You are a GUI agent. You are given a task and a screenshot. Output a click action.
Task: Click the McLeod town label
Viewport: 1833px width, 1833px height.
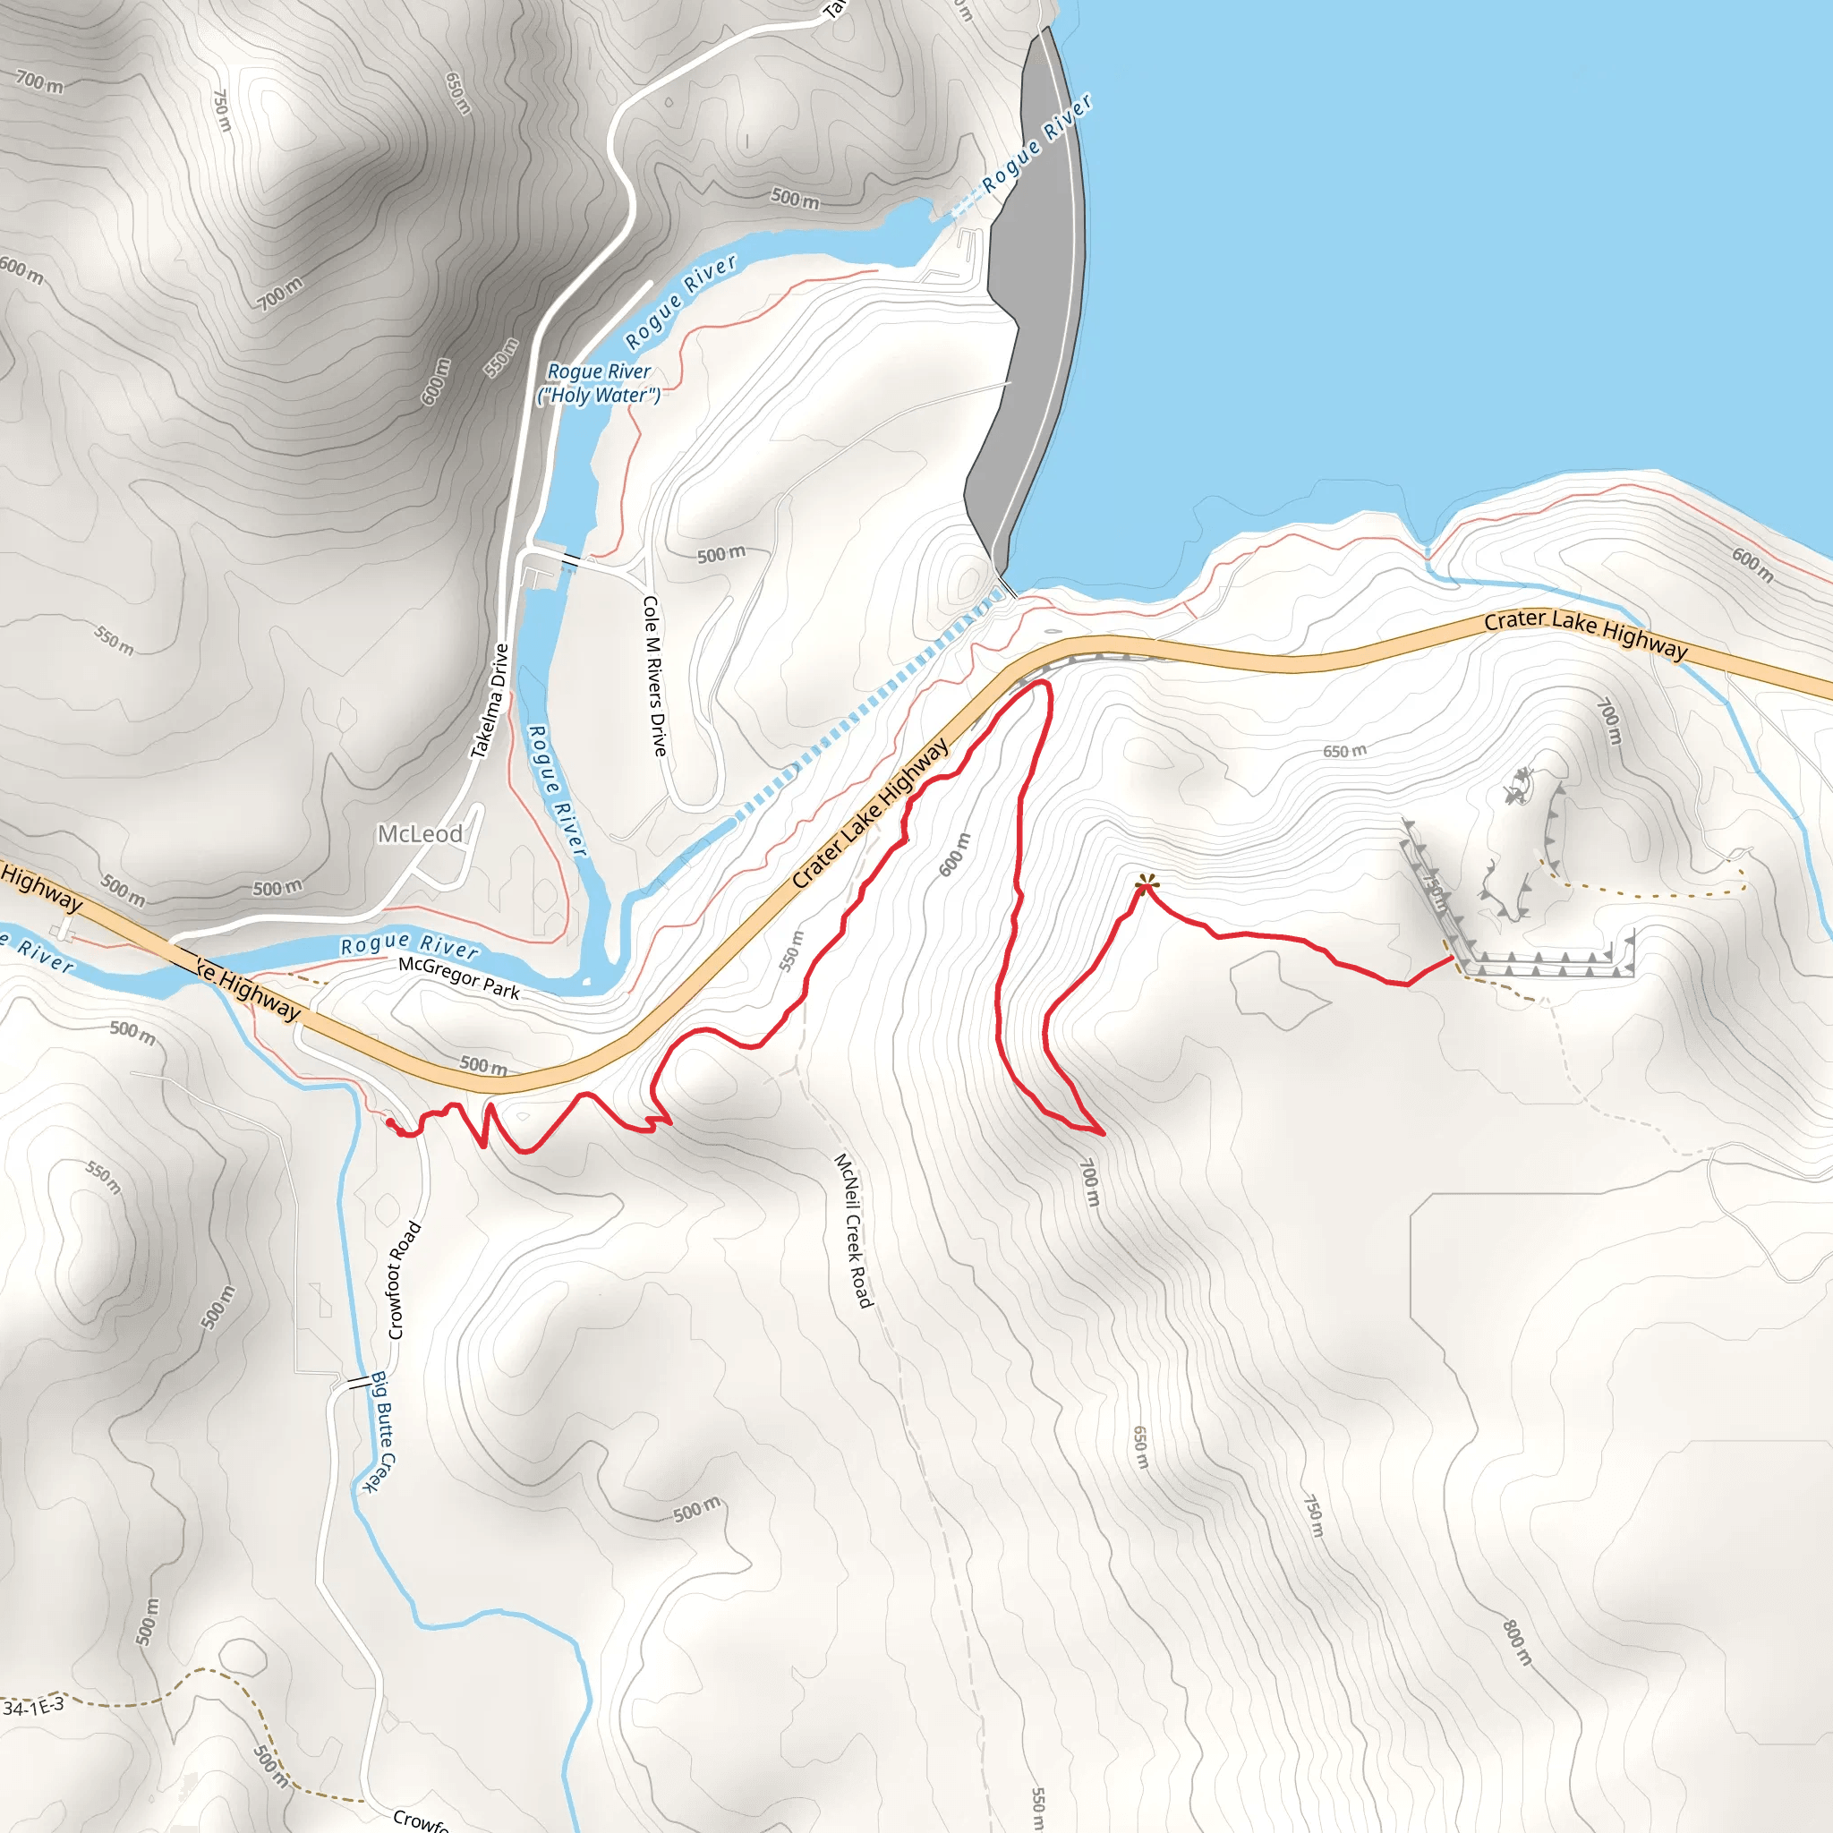(x=421, y=834)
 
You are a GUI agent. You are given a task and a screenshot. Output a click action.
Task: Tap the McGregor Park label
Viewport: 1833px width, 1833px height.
(x=459, y=977)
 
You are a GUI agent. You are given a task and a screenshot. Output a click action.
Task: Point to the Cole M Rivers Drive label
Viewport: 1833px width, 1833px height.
(x=653, y=676)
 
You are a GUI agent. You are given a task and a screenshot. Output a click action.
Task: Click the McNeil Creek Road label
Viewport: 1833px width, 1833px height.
(x=852, y=1231)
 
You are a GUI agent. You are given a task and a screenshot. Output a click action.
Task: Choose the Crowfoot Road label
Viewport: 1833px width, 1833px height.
(x=404, y=1280)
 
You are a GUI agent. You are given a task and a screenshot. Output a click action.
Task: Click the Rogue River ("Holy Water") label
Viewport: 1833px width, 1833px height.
(x=599, y=383)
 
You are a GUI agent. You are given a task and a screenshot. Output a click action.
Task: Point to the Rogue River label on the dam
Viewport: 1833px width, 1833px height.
(x=1036, y=143)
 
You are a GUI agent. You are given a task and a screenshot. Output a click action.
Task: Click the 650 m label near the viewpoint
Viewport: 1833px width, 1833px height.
(x=1345, y=752)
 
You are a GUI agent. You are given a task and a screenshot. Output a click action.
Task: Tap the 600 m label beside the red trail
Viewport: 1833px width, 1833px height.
(x=955, y=854)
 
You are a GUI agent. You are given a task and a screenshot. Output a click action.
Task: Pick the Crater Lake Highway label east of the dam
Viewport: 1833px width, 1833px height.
(x=1585, y=633)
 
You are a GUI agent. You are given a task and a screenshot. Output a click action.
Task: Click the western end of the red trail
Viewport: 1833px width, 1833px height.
(x=390, y=1121)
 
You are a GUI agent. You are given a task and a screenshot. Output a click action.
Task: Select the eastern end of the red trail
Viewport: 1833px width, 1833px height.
(x=1452, y=959)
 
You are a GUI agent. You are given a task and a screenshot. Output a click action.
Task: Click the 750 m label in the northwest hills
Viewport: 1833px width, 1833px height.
(x=222, y=110)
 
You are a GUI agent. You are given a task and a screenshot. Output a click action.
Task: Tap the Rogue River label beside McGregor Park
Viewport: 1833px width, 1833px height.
(x=410, y=946)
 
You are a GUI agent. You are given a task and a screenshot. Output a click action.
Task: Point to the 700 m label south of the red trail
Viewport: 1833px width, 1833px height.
(x=1090, y=1182)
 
